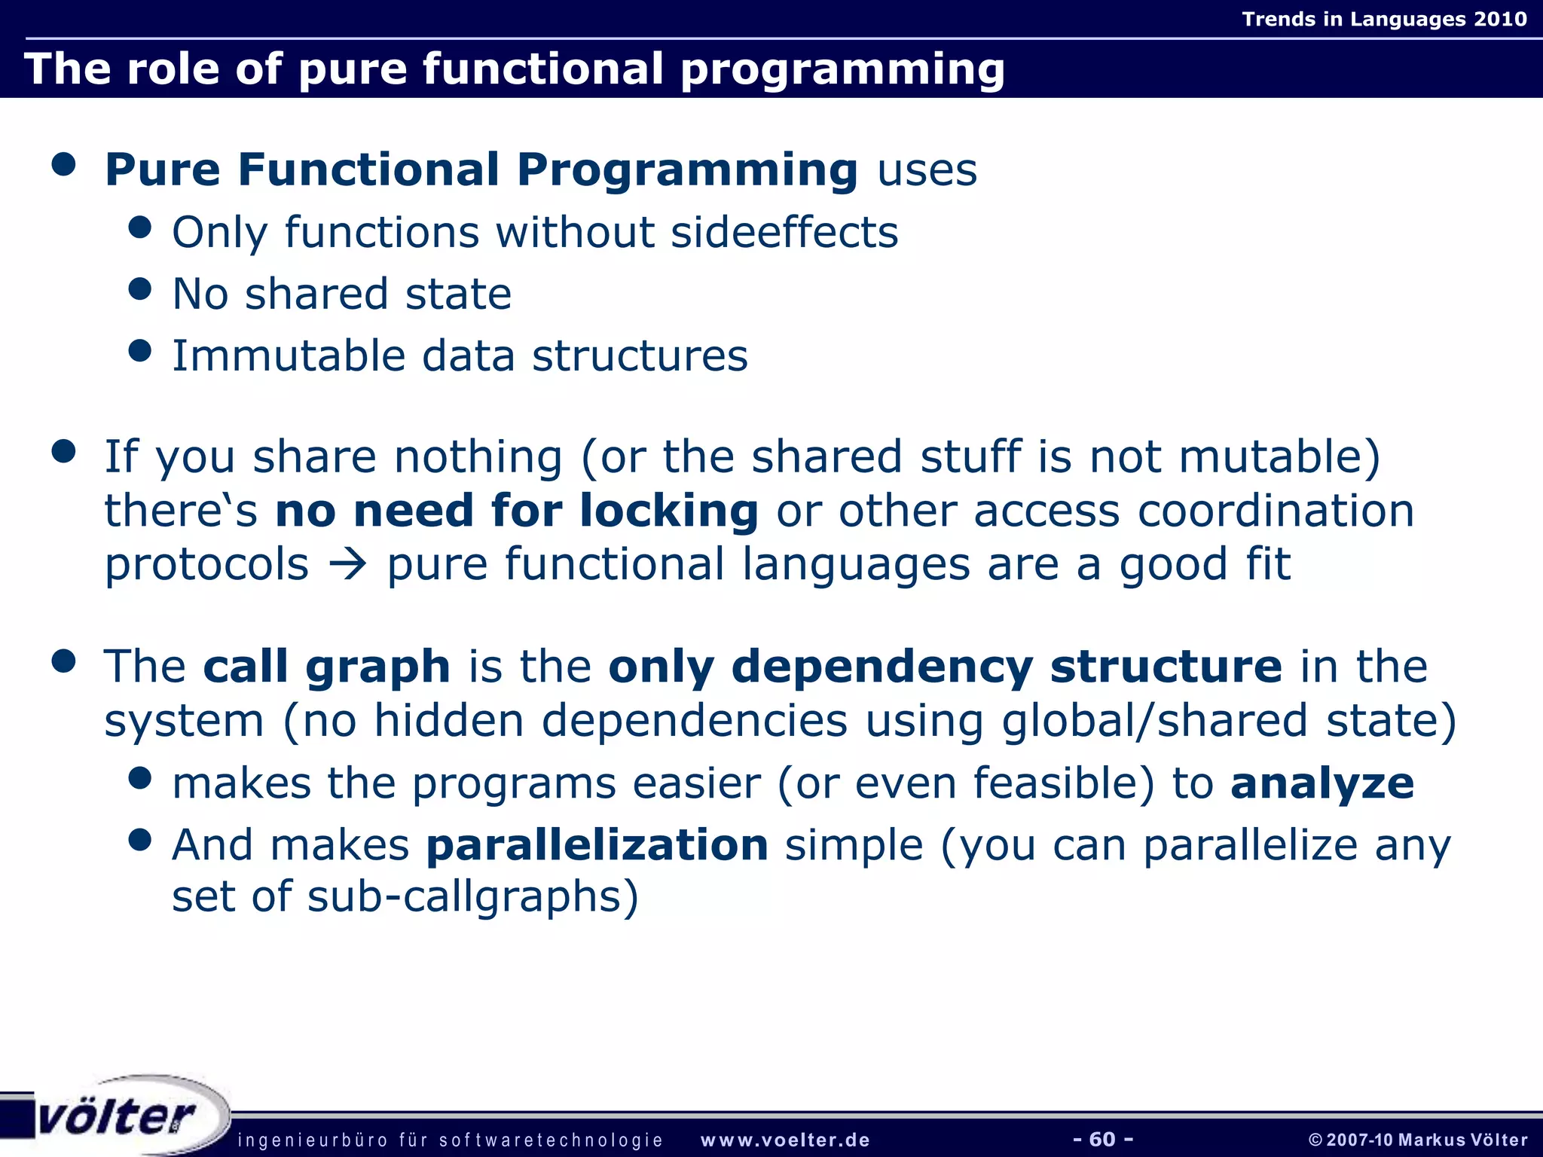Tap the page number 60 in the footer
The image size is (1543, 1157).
click(1102, 1139)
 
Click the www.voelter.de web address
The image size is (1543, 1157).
click(785, 1140)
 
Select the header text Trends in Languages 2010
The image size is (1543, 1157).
click(1384, 19)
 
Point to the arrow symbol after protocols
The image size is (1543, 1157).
click(348, 565)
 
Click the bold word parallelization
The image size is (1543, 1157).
click(597, 844)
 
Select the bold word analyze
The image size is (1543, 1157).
click(1322, 783)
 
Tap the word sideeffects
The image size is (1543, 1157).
click(784, 232)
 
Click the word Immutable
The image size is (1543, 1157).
click(289, 356)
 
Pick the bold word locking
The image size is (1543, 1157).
click(668, 511)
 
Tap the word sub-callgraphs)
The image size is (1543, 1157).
click(473, 897)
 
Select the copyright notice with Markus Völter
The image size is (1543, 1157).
click(1418, 1140)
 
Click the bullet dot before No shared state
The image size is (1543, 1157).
click(140, 288)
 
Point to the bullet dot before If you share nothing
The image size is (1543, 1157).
click(65, 451)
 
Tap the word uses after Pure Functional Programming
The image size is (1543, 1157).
click(927, 169)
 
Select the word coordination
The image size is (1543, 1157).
click(1276, 511)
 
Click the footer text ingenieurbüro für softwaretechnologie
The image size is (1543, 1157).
click(450, 1140)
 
